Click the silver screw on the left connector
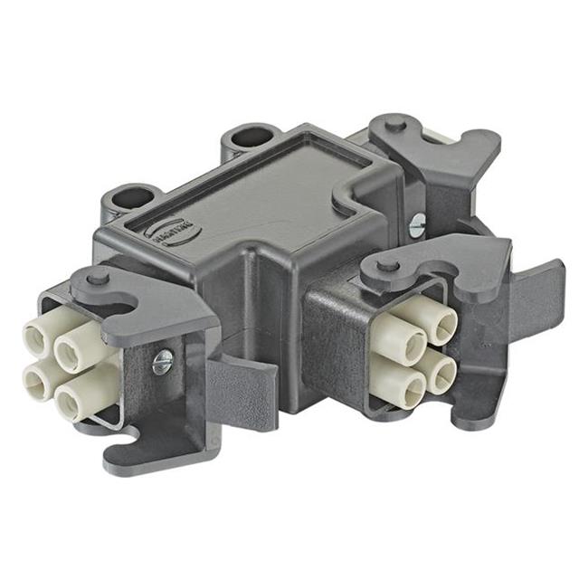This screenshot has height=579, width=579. (x=162, y=363)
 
